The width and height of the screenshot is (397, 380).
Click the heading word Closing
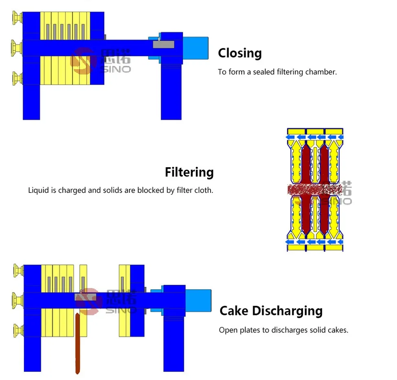click(239, 53)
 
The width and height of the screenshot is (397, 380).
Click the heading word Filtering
click(189, 173)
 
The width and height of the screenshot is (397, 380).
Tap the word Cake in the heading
click(234, 311)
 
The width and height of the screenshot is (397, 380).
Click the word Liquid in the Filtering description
click(38, 190)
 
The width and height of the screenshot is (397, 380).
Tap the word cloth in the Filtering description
click(204, 190)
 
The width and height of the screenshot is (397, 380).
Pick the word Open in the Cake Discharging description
click(227, 330)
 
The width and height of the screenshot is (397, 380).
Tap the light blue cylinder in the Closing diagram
click(195, 48)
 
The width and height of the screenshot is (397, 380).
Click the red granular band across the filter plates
click(309, 190)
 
